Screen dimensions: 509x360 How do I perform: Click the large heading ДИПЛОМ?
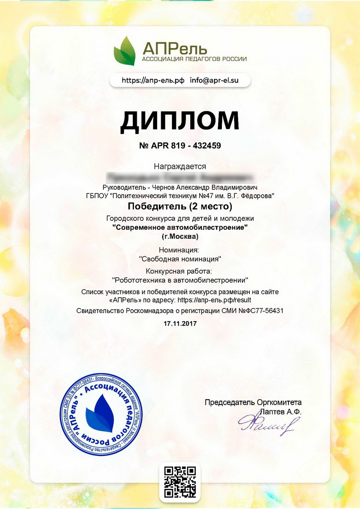(x=180, y=121)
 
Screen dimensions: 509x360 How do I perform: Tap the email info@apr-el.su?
(x=214, y=80)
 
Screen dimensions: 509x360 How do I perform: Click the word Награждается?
(x=180, y=166)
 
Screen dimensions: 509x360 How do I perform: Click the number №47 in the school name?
(x=202, y=196)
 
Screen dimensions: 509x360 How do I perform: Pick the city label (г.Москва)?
(x=180, y=236)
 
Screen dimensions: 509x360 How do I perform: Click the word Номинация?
(x=180, y=250)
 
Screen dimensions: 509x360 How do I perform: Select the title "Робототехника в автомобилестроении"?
(x=180, y=279)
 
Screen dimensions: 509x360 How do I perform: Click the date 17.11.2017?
(x=180, y=323)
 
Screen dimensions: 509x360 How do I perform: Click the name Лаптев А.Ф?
(x=280, y=411)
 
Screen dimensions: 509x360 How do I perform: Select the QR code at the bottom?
(x=180, y=482)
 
